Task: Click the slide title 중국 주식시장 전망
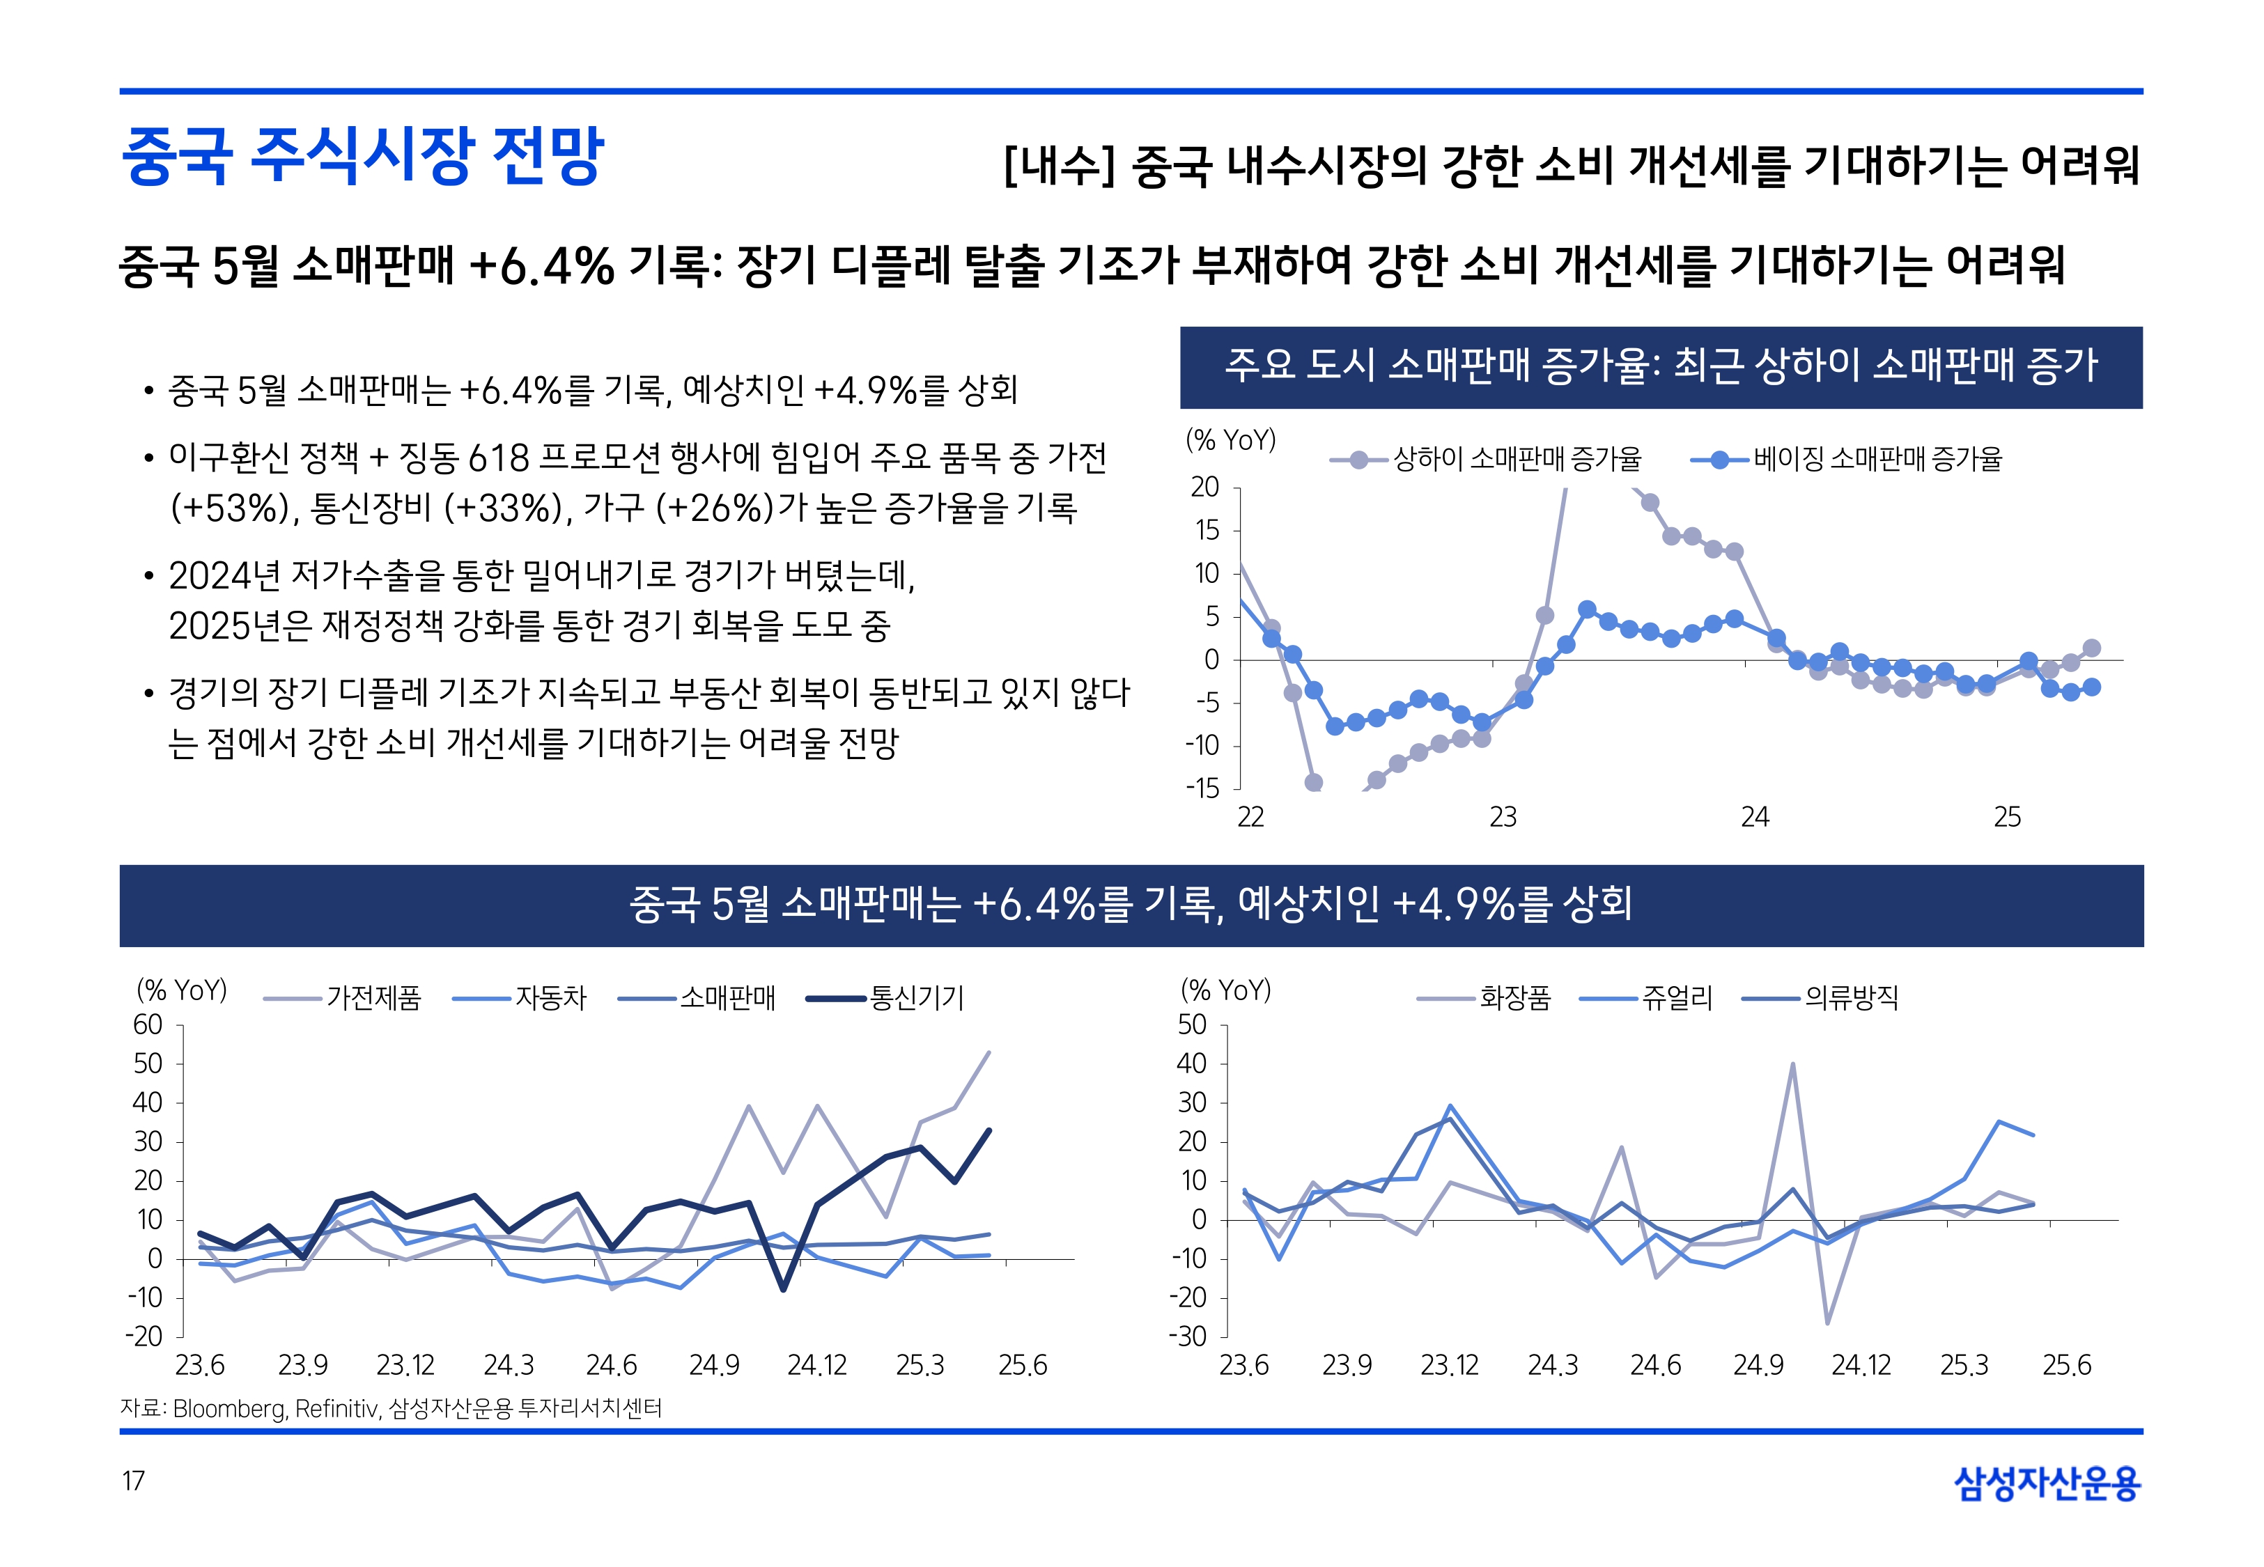362,155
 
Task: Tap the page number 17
134,1481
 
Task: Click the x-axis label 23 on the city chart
1502,817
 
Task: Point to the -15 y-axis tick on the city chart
1202,788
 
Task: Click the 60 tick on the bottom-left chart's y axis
148,1025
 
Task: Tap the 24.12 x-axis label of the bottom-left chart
817,1366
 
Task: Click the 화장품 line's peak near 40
1793,1064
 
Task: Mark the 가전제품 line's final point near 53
988,1052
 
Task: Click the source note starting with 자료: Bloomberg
391,1409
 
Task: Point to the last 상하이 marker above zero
2091,648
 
